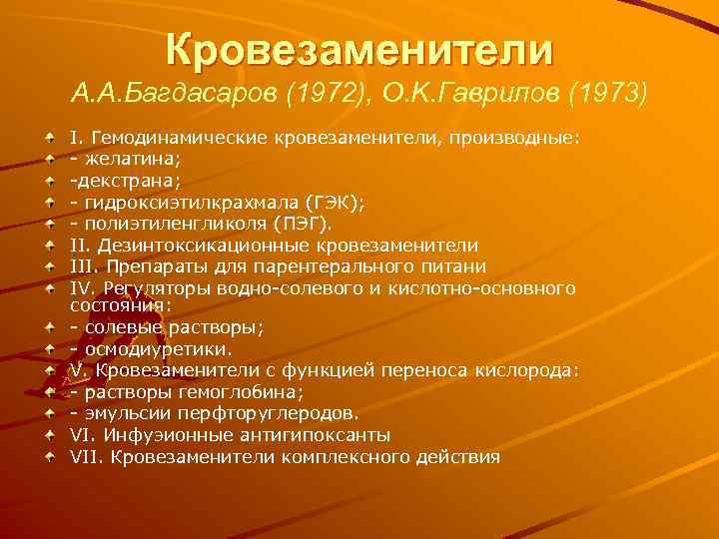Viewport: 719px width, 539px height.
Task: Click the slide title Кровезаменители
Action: (x=359, y=48)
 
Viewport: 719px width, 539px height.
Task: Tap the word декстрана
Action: (x=119, y=180)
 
